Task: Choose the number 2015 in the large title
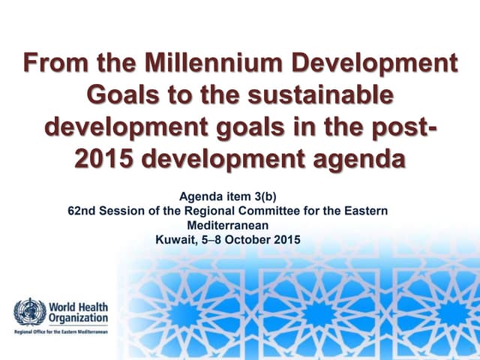(106, 160)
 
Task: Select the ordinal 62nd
(81, 211)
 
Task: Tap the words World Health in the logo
(77, 306)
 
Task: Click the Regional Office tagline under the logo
(60, 331)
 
